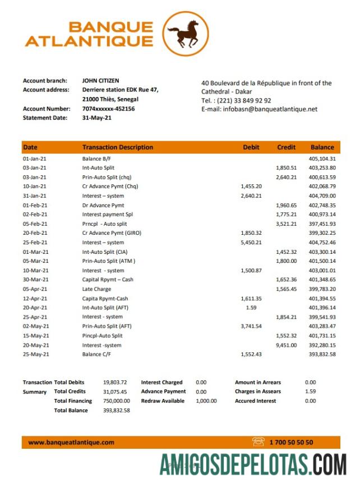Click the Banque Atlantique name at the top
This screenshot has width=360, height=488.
89,34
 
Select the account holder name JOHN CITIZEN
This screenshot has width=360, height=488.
100,81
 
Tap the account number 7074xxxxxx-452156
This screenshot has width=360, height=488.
108,109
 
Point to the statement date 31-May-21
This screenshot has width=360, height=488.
97,118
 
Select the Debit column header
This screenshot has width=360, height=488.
251,147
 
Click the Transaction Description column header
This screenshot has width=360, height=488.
117,147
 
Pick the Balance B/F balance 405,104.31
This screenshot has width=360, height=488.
322,159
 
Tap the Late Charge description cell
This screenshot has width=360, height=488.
96,289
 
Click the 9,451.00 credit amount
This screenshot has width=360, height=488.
286,345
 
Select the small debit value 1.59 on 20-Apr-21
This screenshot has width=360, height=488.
251,308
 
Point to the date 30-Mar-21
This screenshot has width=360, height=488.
35,280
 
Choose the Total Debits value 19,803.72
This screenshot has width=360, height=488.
116,382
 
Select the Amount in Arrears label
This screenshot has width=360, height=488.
258,382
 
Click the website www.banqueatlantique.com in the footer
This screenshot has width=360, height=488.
71,442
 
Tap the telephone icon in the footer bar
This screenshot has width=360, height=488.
258,442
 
